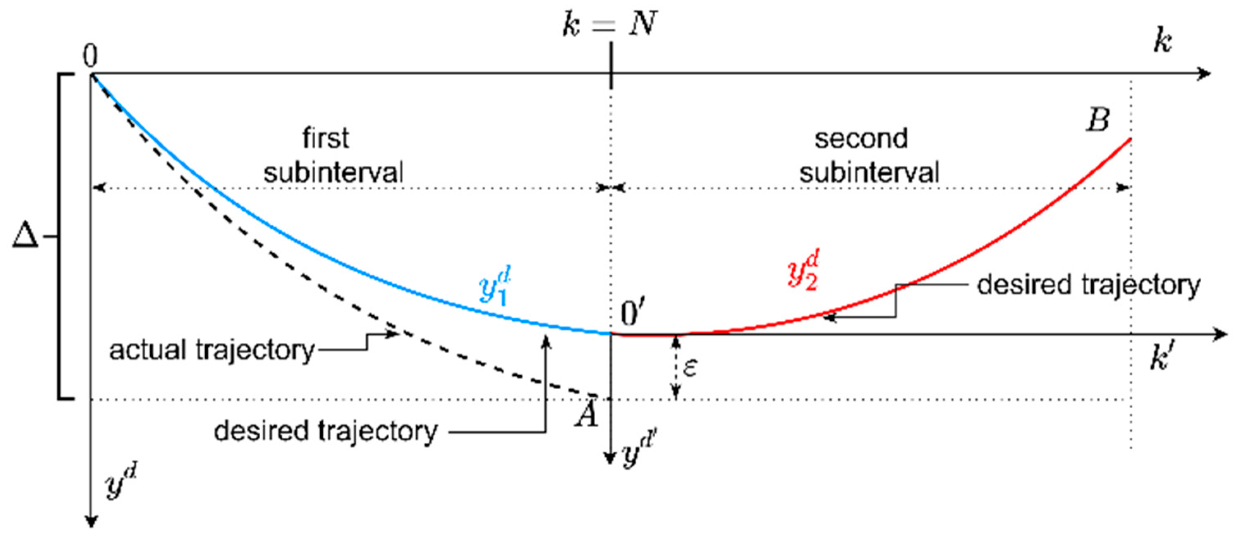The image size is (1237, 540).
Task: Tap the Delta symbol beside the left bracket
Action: pyautogui.click(x=25, y=236)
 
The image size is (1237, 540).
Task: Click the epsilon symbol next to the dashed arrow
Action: pyautogui.click(x=690, y=368)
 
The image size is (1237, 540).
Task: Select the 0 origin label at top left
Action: pyautogui.click(x=90, y=56)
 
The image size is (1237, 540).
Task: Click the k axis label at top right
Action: pyautogui.click(x=1163, y=42)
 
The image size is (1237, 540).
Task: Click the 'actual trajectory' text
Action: pyautogui.click(x=211, y=350)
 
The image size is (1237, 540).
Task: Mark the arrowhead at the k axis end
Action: pyautogui.click(x=1205, y=74)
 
